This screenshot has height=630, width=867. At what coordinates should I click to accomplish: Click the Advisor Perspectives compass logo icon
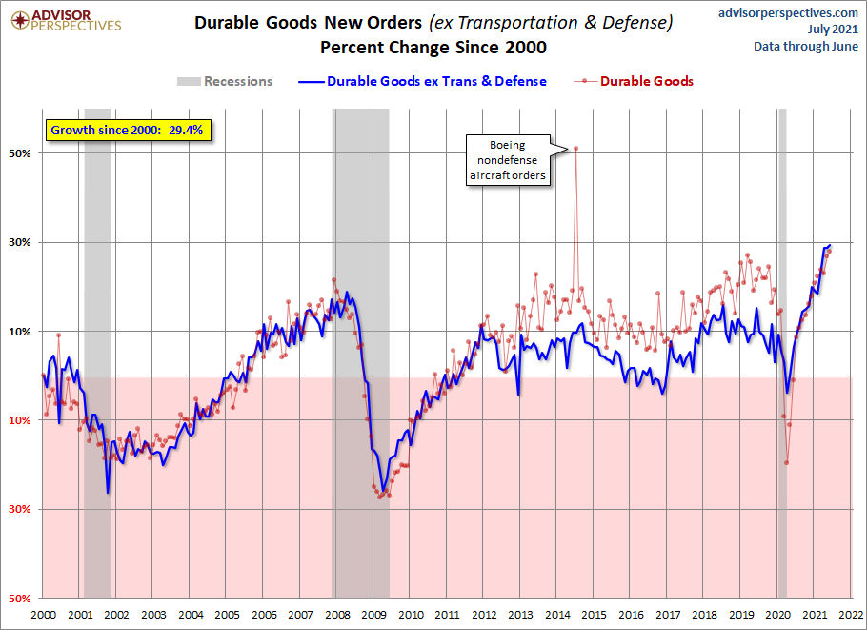(20, 21)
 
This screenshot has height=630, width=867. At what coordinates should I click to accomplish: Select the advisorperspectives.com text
(788, 12)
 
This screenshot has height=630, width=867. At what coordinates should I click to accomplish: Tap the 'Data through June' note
(806, 47)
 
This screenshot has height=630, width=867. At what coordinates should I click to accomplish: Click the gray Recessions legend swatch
(189, 81)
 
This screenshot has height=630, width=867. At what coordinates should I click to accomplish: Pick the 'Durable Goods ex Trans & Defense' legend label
(436, 81)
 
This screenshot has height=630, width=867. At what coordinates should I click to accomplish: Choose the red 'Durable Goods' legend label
(646, 81)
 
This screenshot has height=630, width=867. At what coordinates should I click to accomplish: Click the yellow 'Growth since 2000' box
(129, 131)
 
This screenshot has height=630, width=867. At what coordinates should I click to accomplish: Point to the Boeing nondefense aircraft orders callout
(508, 160)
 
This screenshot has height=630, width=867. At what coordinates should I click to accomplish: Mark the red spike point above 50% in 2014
(575, 149)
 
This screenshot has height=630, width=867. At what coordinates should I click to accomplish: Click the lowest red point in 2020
(786, 462)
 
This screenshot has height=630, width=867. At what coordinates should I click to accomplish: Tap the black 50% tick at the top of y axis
(20, 153)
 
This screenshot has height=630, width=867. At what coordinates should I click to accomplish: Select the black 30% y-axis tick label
(20, 242)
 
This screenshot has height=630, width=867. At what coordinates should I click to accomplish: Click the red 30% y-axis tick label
(20, 509)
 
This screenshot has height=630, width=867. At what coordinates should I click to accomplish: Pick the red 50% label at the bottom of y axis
(20, 599)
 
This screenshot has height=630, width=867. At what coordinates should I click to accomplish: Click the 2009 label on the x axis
(373, 615)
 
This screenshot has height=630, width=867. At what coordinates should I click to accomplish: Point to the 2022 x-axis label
(851, 615)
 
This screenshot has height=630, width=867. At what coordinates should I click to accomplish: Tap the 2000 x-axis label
(43, 615)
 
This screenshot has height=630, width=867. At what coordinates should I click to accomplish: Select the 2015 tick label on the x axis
(594, 615)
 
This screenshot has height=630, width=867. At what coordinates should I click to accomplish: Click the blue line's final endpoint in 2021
(830, 245)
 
